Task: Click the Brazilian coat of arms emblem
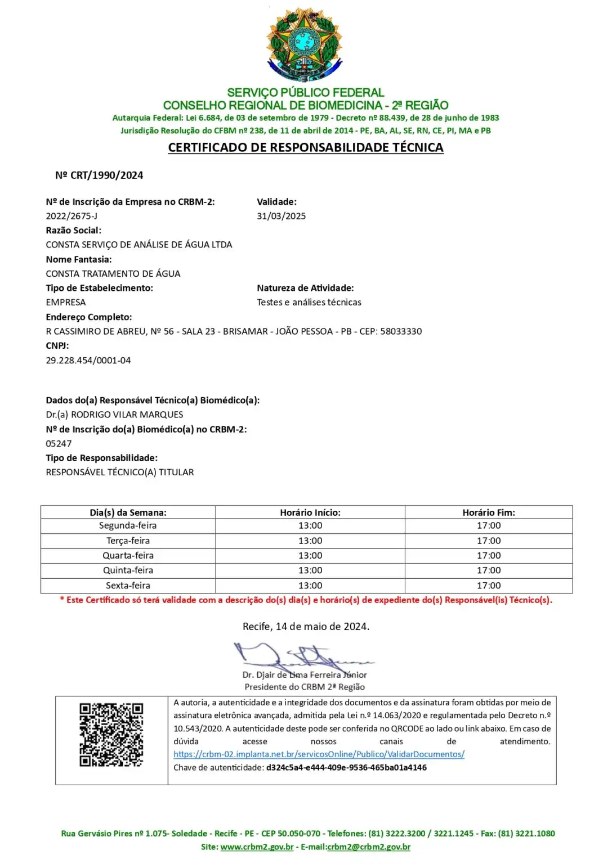tap(305, 45)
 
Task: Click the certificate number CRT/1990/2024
tap(99, 175)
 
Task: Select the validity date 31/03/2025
tap(282, 216)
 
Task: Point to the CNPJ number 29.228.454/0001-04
tap(88, 360)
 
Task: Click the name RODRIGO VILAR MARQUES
tap(127, 415)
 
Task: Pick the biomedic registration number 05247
tap(59, 443)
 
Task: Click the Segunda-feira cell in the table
tap(128, 525)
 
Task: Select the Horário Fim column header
tap(489, 512)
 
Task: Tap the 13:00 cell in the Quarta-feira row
tap(310, 555)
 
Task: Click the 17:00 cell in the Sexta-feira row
tap(489, 586)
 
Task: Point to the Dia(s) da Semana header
tap(128, 512)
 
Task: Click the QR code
tap(111, 734)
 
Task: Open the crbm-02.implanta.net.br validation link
tap(319, 754)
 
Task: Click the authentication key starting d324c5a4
tap(346, 767)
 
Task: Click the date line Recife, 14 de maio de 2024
tap(306, 627)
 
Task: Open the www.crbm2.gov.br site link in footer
tap(257, 847)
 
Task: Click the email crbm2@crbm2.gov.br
tap(369, 847)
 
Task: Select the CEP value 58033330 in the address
tap(401, 331)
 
